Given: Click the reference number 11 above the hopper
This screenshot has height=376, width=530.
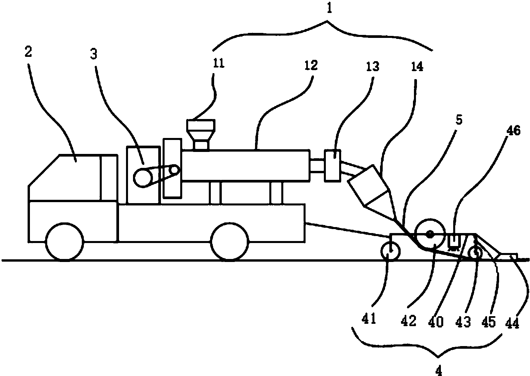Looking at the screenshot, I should [x=219, y=63].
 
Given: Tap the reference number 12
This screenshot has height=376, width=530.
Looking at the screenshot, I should [x=311, y=65].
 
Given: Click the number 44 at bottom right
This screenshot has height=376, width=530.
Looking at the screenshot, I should [x=512, y=322].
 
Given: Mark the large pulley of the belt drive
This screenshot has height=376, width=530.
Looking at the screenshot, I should [x=141, y=178].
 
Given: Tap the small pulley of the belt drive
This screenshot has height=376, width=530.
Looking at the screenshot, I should [x=174, y=170].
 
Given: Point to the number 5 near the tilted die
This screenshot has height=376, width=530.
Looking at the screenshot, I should [x=459, y=120].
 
